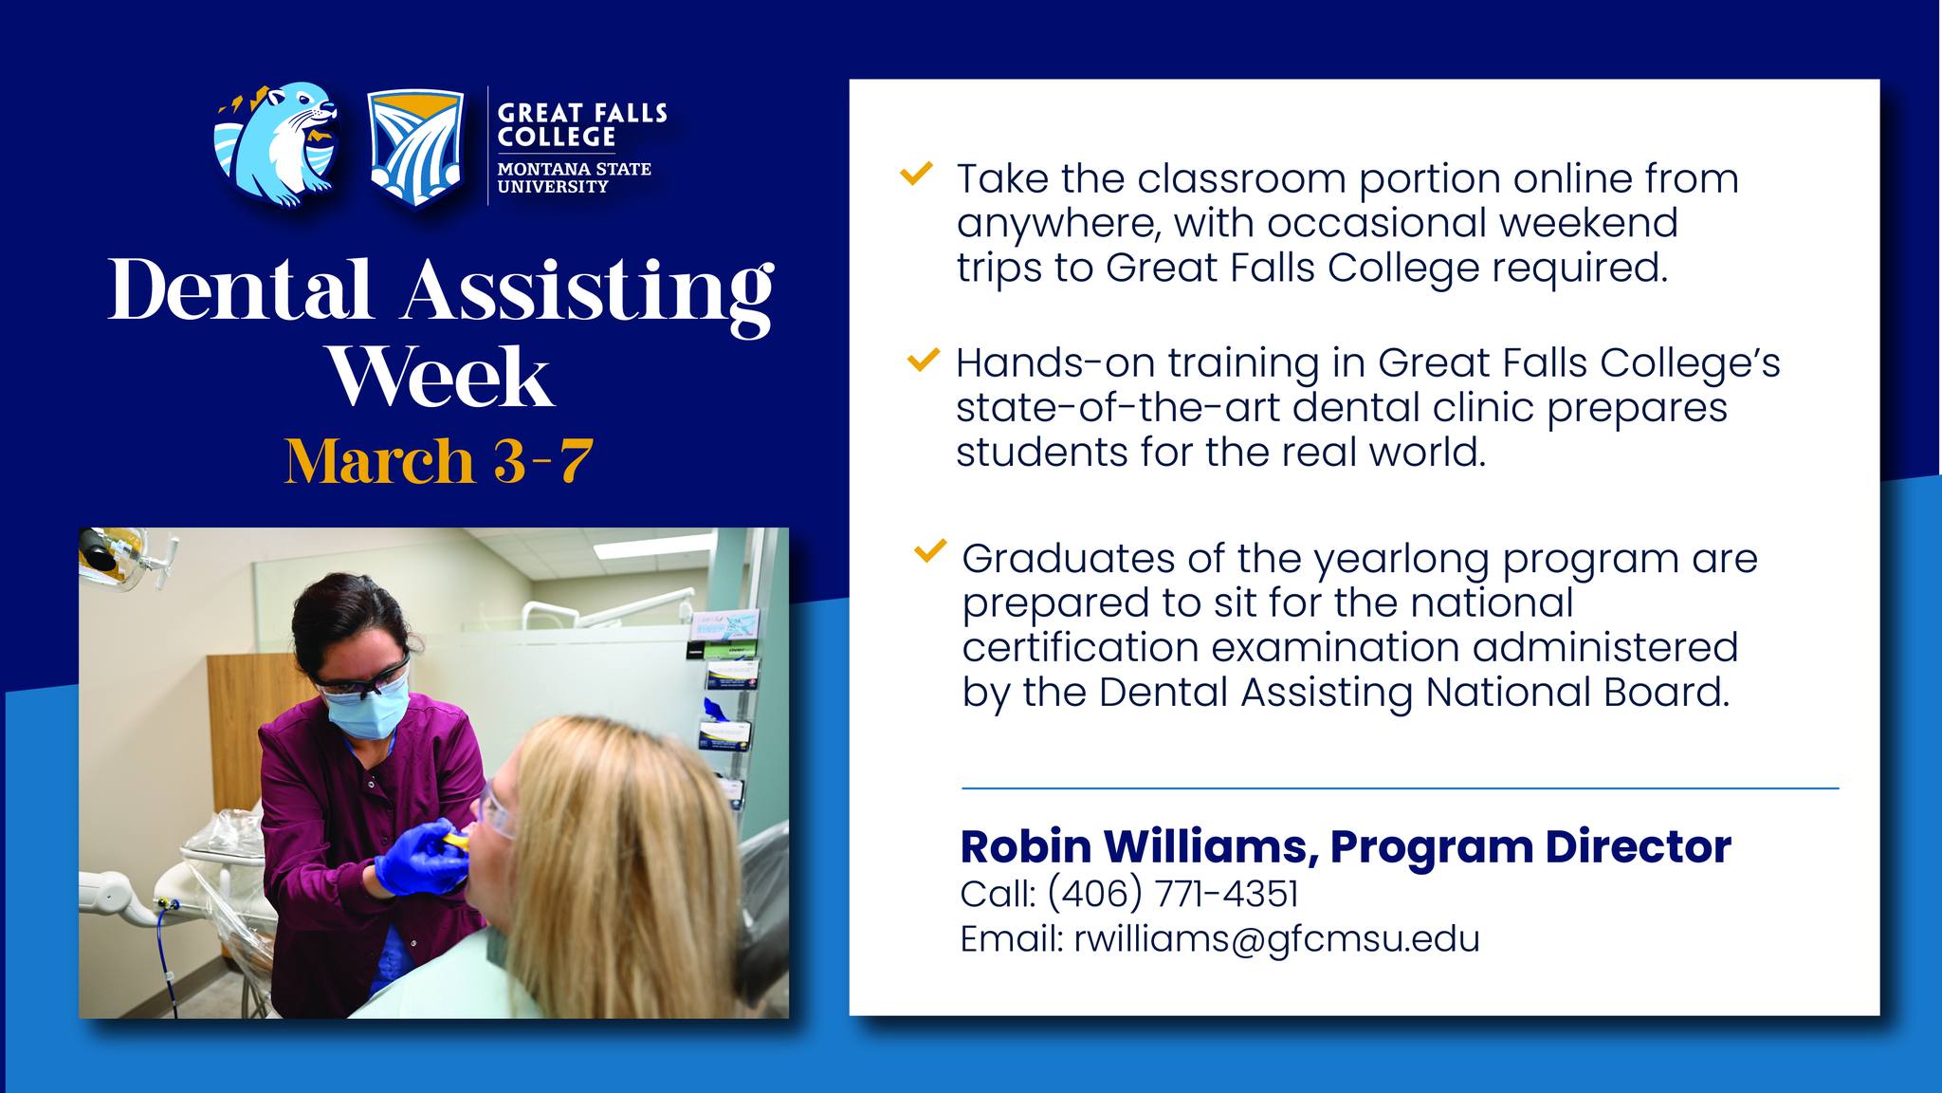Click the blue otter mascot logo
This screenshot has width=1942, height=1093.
(276, 145)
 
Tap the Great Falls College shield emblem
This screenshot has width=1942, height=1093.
(415, 148)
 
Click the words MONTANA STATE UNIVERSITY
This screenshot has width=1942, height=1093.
(575, 177)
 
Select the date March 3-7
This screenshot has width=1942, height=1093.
(439, 461)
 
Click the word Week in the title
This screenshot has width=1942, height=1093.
(440, 377)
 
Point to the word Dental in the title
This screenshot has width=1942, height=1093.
(240, 289)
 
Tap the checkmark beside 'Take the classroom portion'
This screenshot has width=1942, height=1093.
(916, 174)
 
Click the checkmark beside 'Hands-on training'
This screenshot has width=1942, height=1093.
(923, 360)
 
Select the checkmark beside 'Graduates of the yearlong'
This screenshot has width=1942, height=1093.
(930, 550)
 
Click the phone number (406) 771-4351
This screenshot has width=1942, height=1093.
(1173, 894)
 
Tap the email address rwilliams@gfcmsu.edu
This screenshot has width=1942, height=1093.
(1276, 938)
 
